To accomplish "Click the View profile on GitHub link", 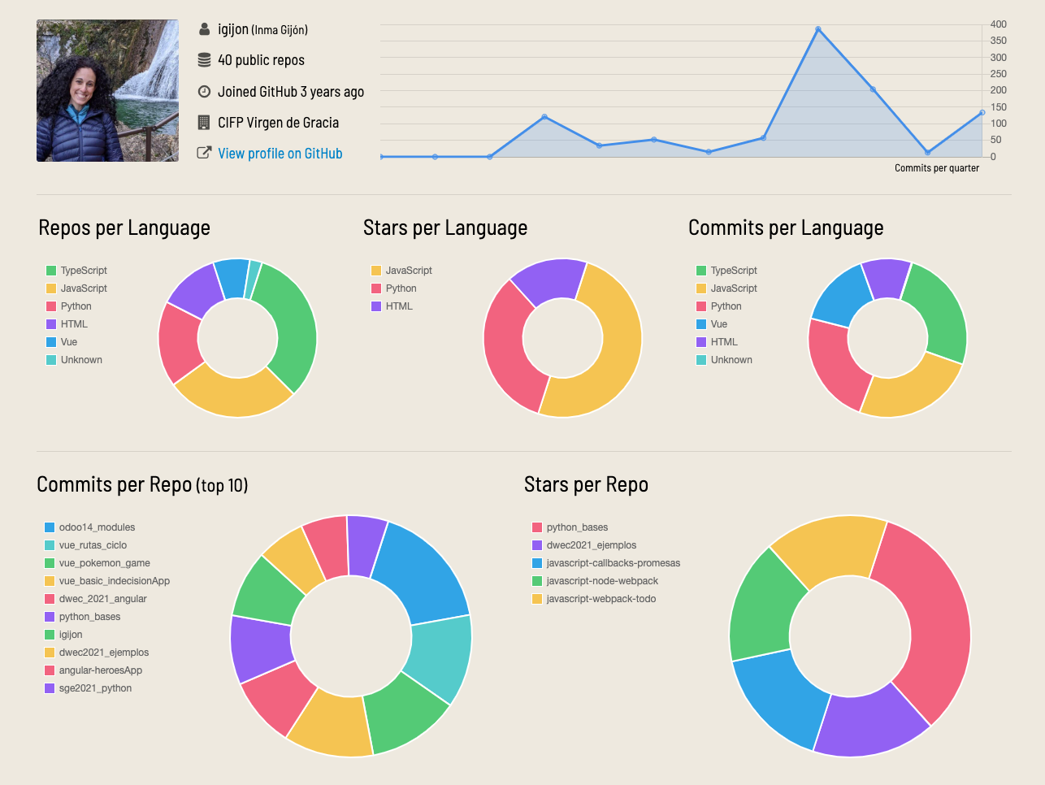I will pos(280,154).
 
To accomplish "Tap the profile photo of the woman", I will pos(107,91).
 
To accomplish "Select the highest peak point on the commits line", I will pos(818,29).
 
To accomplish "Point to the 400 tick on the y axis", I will pos(998,24).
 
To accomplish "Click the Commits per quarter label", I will pos(936,168).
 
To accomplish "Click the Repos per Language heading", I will pos(124,228).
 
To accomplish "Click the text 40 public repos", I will pos(261,60).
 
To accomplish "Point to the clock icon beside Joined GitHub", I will pos(204,92).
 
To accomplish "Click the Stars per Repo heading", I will pos(586,485).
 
